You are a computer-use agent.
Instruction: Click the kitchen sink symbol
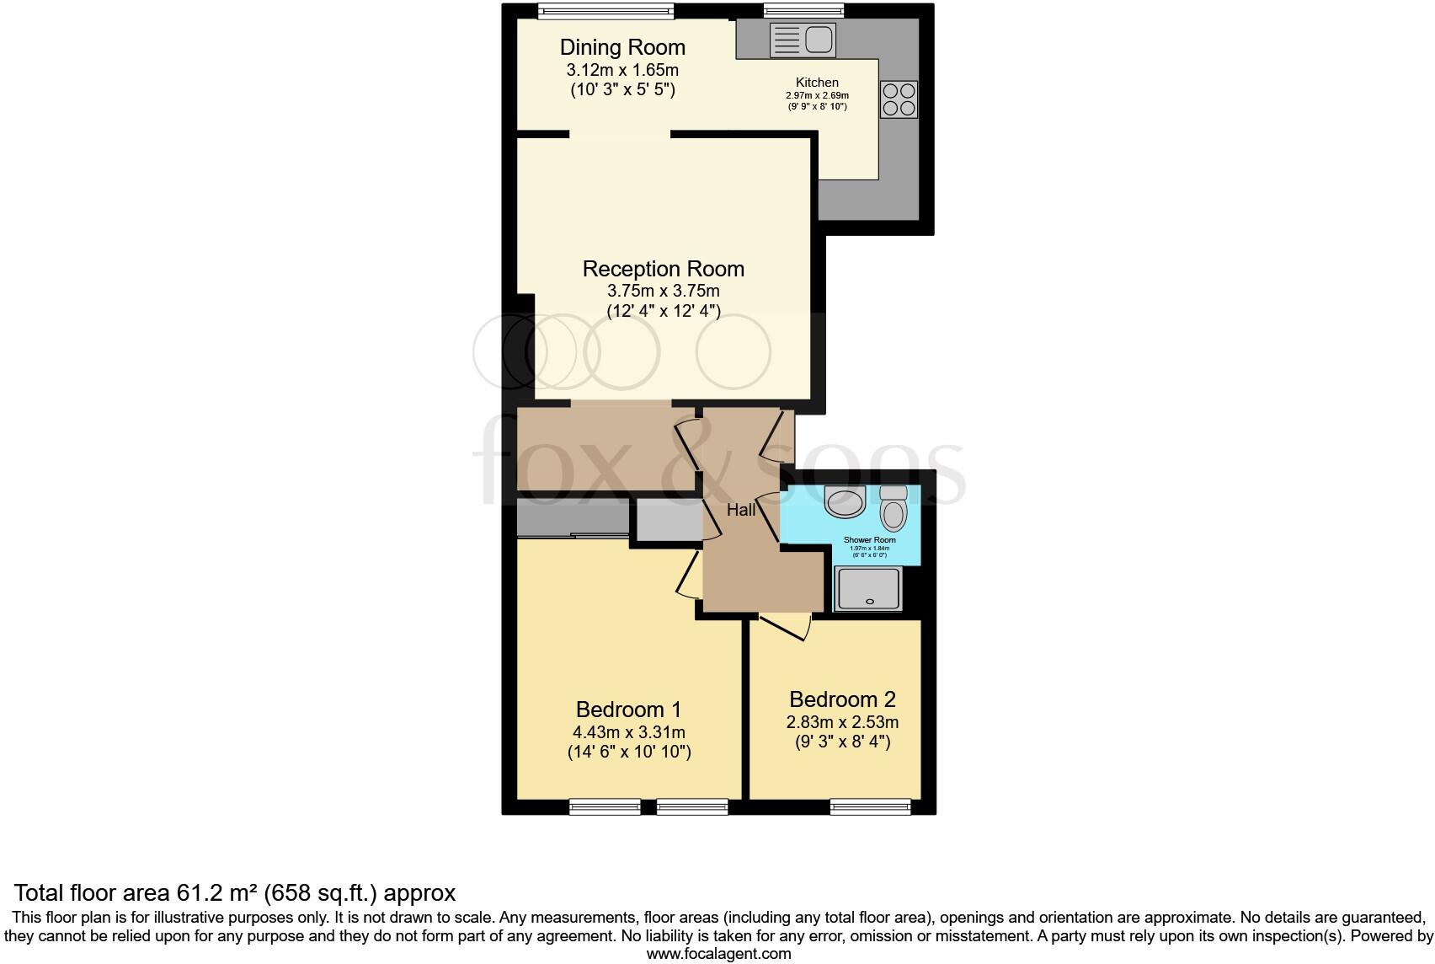click(x=802, y=40)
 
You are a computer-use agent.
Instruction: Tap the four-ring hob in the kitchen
click(x=898, y=99)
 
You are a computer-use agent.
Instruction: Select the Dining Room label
click(x=622, y=47)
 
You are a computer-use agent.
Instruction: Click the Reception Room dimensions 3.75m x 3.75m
click(x=664, y=291)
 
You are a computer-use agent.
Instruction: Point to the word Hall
click(x=741, y=510)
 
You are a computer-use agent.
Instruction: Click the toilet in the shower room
click(x=893, y=508)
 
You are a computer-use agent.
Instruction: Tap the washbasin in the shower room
click(x=845, y=502)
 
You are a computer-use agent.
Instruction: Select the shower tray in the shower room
click(x=869, y=588)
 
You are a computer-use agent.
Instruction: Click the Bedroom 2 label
click(x=842, y=699)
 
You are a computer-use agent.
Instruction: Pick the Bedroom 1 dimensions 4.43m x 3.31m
click(x=629, y=732)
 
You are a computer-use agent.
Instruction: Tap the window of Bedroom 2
click(x=871, y=807)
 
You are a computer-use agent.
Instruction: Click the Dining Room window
click(x=606, y=10)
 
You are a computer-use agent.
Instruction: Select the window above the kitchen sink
click(x=803, y=10)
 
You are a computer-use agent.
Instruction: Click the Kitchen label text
click(x=817, y=83)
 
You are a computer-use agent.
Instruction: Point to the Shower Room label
click(x=869, y=540)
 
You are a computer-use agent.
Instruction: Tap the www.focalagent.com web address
click(x=718, y=954)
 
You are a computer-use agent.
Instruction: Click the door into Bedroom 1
click(x=689, y=576)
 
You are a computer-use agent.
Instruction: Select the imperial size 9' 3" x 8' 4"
click(x=842, y=742)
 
